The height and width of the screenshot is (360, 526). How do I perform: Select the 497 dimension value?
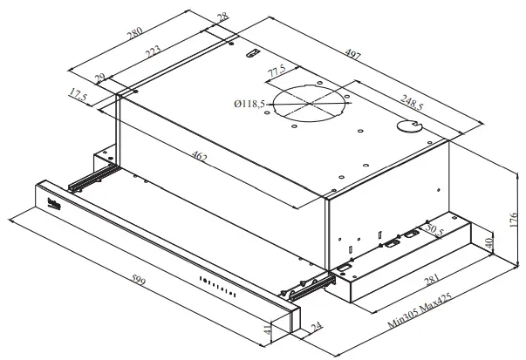353,56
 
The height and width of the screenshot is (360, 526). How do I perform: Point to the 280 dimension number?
134,37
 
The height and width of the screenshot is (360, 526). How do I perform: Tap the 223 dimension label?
152,55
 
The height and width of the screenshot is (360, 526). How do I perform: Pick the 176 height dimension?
512,214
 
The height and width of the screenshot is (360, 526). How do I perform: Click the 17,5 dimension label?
79,96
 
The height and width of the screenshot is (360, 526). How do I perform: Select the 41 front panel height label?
267,331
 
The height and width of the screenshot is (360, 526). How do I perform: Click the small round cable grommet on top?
407,127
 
